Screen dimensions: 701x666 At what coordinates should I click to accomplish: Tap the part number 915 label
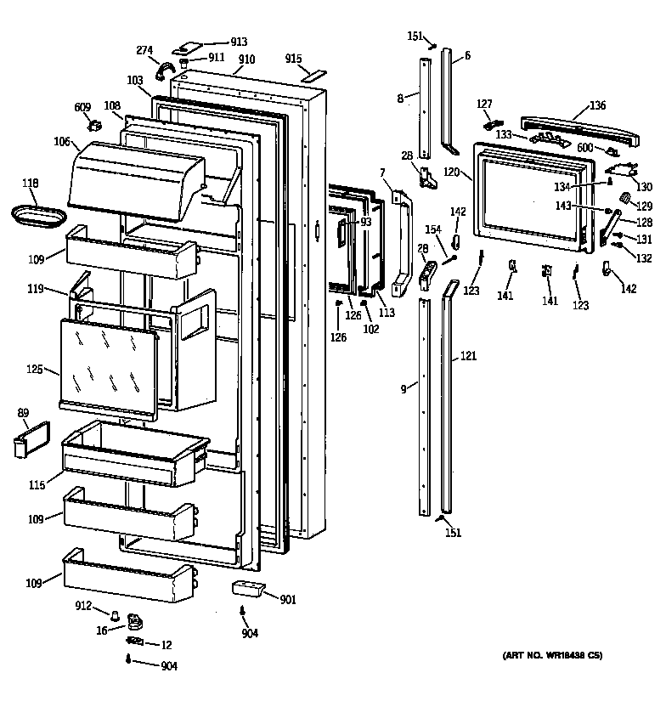[293, 59]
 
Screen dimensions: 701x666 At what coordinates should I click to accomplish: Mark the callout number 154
[433, 230]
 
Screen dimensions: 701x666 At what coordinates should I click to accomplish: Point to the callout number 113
[387, 311]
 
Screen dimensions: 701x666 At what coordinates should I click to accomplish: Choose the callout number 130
[644, 187]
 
